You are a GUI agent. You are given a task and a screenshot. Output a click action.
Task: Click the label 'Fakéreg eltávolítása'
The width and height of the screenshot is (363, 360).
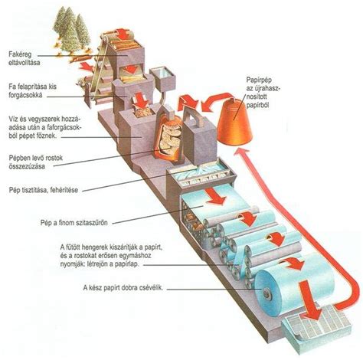[x=25, y=58]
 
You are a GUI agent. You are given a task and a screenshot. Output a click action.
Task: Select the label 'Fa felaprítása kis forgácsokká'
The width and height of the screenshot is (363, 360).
[x=32, y=91]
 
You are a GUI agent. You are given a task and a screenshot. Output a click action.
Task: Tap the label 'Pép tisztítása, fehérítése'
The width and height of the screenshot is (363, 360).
[x=44, y=190]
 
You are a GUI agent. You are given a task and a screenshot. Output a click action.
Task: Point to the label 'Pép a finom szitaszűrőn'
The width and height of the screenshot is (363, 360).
[x=74, y=223]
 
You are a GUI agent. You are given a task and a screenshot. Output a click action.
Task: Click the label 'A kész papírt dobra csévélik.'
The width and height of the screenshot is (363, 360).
[x=123, y=287]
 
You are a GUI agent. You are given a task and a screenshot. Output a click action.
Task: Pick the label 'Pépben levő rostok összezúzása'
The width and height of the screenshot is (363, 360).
[x=35, y=162]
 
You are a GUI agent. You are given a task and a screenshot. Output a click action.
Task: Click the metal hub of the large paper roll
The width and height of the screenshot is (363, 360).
[x=267, y=294]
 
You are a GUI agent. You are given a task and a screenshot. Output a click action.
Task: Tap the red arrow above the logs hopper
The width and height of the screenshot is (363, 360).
[x=123, y=34]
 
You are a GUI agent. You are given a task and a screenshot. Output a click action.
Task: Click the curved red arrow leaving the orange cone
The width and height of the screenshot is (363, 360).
[x=217, y=101]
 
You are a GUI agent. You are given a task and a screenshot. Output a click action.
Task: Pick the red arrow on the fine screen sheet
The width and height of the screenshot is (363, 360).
[x=216, y=197]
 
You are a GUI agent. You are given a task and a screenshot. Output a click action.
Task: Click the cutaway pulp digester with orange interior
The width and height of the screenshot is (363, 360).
[x=169, y=136]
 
